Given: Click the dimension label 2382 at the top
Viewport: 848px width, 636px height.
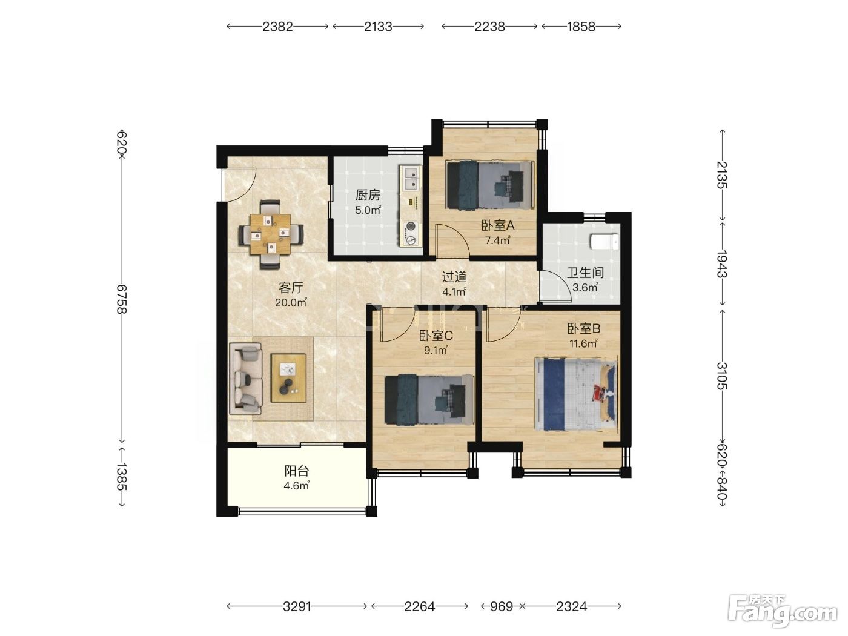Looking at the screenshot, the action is [277, 27].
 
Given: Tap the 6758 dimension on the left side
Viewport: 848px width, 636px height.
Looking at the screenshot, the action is [122, 299].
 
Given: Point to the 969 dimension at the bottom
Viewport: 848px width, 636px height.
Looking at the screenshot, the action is [501, 607].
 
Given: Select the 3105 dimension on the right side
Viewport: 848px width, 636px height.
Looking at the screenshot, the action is [722, 376].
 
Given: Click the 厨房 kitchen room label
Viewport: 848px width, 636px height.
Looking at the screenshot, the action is [368, 195].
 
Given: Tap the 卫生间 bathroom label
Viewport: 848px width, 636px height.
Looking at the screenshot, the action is [585, 273].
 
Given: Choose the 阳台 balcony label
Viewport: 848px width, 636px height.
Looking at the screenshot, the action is [296, 471].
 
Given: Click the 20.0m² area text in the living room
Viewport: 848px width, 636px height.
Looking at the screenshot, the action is [291, 302].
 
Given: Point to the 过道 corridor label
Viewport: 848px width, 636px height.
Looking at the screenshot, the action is [454, 277].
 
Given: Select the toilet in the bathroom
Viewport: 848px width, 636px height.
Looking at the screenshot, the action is [605, 241].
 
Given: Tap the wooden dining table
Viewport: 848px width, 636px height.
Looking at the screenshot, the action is [270, 234].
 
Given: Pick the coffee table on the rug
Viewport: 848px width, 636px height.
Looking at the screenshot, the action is [288, 378].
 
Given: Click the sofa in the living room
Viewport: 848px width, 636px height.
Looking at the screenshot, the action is [246, 379].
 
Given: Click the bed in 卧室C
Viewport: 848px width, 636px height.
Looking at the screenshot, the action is [429, 399].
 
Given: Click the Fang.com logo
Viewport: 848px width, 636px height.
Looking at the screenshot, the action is [783, 612].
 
